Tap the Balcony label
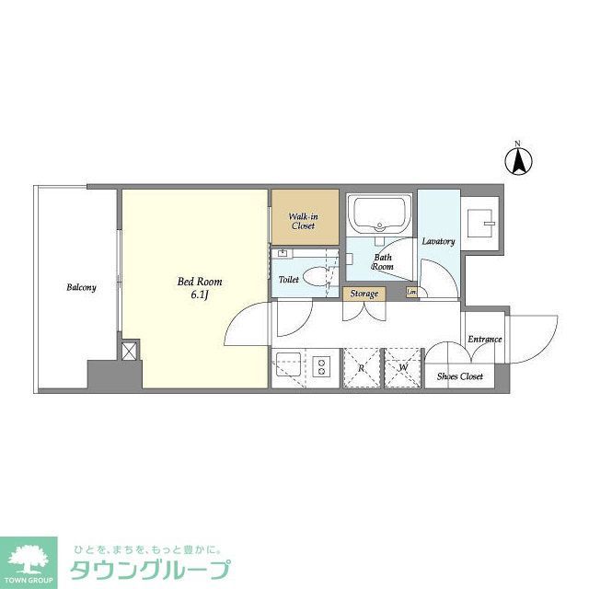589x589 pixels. (81, 287)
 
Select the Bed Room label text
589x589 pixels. (200, 282)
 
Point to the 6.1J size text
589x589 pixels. (199, 295)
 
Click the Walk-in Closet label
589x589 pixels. (304, 220)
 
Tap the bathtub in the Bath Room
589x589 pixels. (378, 214)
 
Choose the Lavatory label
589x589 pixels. (438, 241)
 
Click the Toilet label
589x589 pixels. (288, 278)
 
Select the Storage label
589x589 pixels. (364, 294)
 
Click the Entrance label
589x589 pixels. (484, 340)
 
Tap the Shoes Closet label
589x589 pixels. (459, 375)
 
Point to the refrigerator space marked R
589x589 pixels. (363, 367)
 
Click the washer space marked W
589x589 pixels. (402, 367)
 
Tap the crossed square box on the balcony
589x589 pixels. (129, 351)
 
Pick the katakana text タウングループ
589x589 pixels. (150, 570)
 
